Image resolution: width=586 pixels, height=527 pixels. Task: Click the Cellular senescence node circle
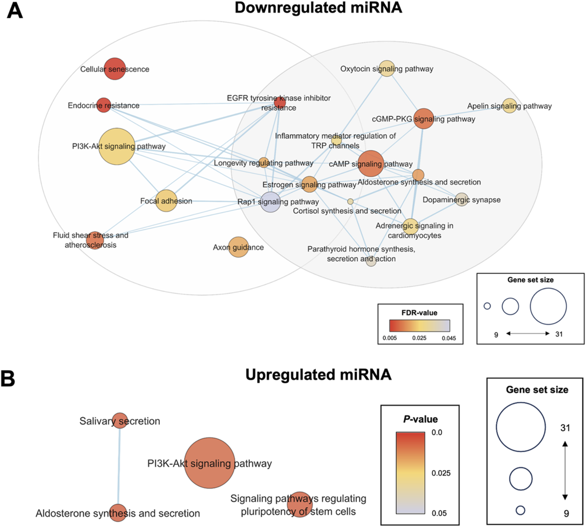tap(115, 69)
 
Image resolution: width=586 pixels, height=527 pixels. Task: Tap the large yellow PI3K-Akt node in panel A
tap(117, 147)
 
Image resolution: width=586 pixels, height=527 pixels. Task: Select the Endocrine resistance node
tap(104, 105)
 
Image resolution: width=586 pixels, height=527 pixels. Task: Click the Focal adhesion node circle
tap(166, 201)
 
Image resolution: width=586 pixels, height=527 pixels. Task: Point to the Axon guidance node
tap(238, 247)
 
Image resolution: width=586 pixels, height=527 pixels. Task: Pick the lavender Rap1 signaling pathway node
tap(271, 202)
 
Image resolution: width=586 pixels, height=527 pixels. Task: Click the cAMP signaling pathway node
tap(371, 163)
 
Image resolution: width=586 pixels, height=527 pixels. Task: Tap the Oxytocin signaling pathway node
tap(387, 68)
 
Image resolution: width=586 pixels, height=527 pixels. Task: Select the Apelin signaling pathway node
tap(509, 106)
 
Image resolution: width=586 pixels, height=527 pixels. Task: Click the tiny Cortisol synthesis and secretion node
tap(351, 201)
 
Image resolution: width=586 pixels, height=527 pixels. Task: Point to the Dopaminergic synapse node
tap(462, 199)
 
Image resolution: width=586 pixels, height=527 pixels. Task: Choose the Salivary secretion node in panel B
tap(120, 420)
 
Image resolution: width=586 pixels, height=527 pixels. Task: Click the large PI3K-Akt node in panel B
tap(209, 463)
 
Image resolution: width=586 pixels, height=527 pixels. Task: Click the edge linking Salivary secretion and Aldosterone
tap(119, 466)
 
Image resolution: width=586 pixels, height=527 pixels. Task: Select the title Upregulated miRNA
tap(318, 375)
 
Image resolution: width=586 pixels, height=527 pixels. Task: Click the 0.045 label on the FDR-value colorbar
tap(449, 338)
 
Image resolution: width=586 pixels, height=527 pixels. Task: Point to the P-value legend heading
tap(420, 419)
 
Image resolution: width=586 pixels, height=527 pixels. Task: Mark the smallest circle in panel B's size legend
tap(521, 510)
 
